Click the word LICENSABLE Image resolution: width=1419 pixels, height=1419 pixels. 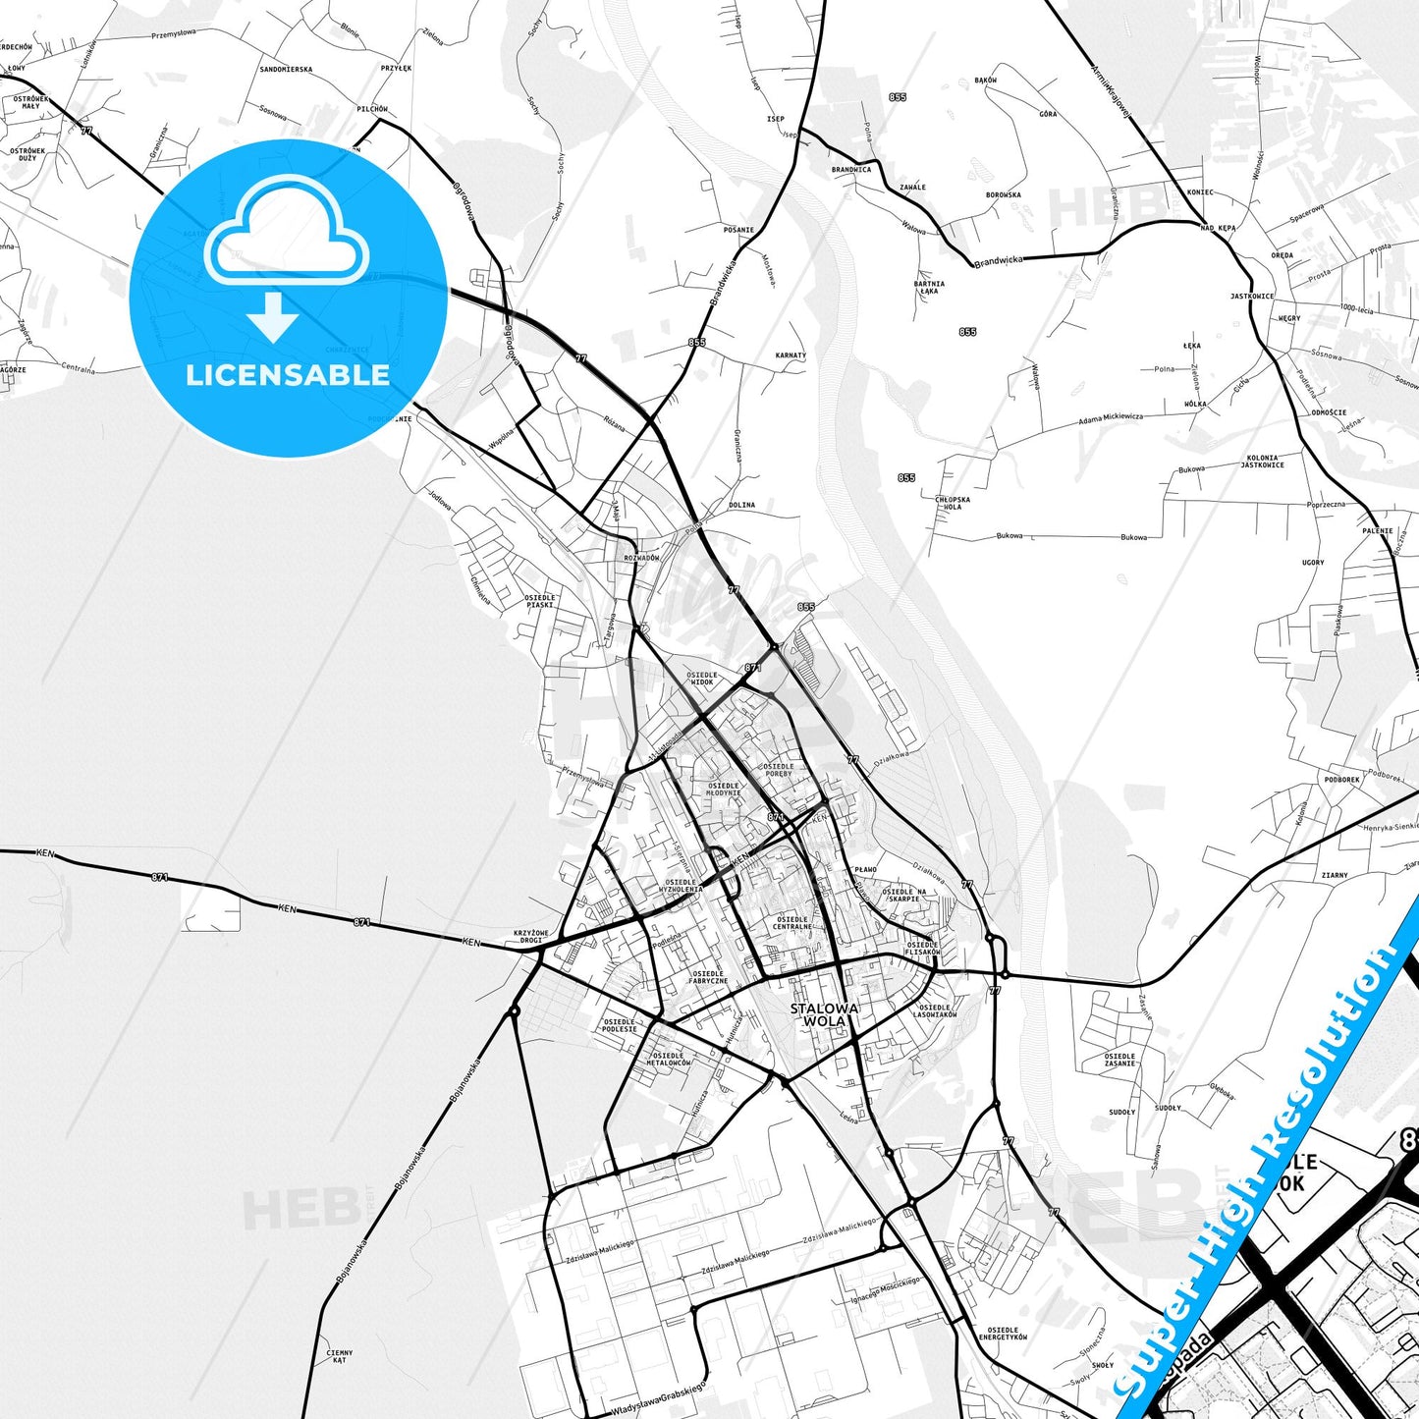click(288, 375)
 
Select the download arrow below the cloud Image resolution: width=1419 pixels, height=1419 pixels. click(273, 317)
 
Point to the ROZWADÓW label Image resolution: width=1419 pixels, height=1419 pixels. click(641, 558)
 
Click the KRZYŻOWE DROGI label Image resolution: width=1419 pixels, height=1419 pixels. click(531, 936)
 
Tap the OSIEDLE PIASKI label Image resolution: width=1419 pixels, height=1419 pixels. click(539, 601)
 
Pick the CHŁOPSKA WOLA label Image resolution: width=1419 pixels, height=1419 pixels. click(953, 503)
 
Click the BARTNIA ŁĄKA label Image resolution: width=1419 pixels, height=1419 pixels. click(929, 287)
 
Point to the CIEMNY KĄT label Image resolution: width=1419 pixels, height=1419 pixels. click(339, 1356)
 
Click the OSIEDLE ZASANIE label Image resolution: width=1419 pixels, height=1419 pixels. click(1119, 1060)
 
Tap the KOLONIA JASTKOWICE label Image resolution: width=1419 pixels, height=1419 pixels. click(1262, 461)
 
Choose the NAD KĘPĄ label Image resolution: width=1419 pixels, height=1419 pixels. click(1218, 228)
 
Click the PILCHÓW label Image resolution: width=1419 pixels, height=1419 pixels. click(372, 109)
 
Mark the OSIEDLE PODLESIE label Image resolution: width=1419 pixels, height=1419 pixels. click(619, 1025)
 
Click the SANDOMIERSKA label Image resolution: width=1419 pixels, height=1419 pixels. click(286, 70)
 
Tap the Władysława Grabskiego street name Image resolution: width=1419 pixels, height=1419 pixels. click(657, 1400)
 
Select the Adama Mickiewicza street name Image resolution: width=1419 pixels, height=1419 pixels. click(1110, 418)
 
